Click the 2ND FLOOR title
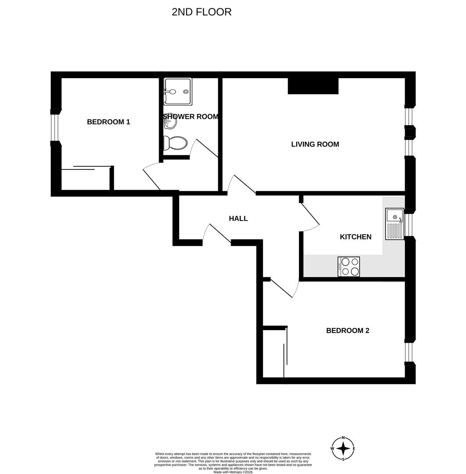coord(202,12)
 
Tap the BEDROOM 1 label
coord(108,122)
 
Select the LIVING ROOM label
coord(315,144)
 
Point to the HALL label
coord(238,218)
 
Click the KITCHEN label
coord(356,237)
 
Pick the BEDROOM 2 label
coord(348,330)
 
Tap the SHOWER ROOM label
coord(191,117)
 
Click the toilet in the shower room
coord(175,143)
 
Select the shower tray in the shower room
coord(178,92)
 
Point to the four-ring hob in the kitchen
coord(349,266)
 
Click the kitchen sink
coord(395,224)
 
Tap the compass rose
coord(343,449)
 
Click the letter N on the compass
coord(343,438)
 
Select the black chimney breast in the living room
coord(313,86)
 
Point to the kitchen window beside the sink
coord(410,224)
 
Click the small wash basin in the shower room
coord(169,125)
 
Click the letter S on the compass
coord(343,459)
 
